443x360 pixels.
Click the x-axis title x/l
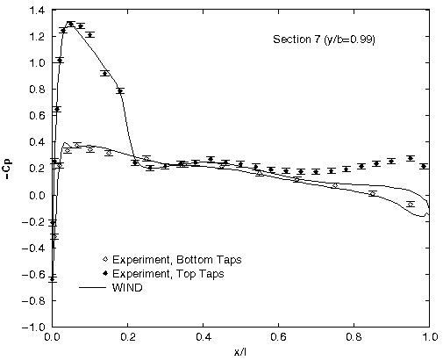pos(240,351)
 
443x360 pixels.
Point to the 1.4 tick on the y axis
pos(37,11)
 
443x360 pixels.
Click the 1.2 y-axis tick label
pos(37,37)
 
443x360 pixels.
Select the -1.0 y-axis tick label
pos(34,326)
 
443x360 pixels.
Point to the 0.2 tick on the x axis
pos(127,336)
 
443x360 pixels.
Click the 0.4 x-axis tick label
pos(203,336)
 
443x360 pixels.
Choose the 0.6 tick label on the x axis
pos(278,336)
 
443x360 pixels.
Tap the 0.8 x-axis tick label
pos(354,336)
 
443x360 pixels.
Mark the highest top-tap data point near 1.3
pos(69,24)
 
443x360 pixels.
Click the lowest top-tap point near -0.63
pos(53,278)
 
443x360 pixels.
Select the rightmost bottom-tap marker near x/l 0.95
pos(410,204)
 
